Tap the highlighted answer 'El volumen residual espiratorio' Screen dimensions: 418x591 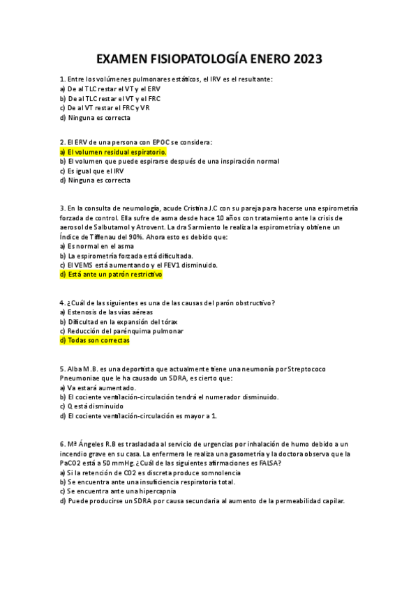coord(114,151)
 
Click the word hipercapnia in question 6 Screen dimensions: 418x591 coord(147,491)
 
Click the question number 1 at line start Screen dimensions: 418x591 coord(63,79)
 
